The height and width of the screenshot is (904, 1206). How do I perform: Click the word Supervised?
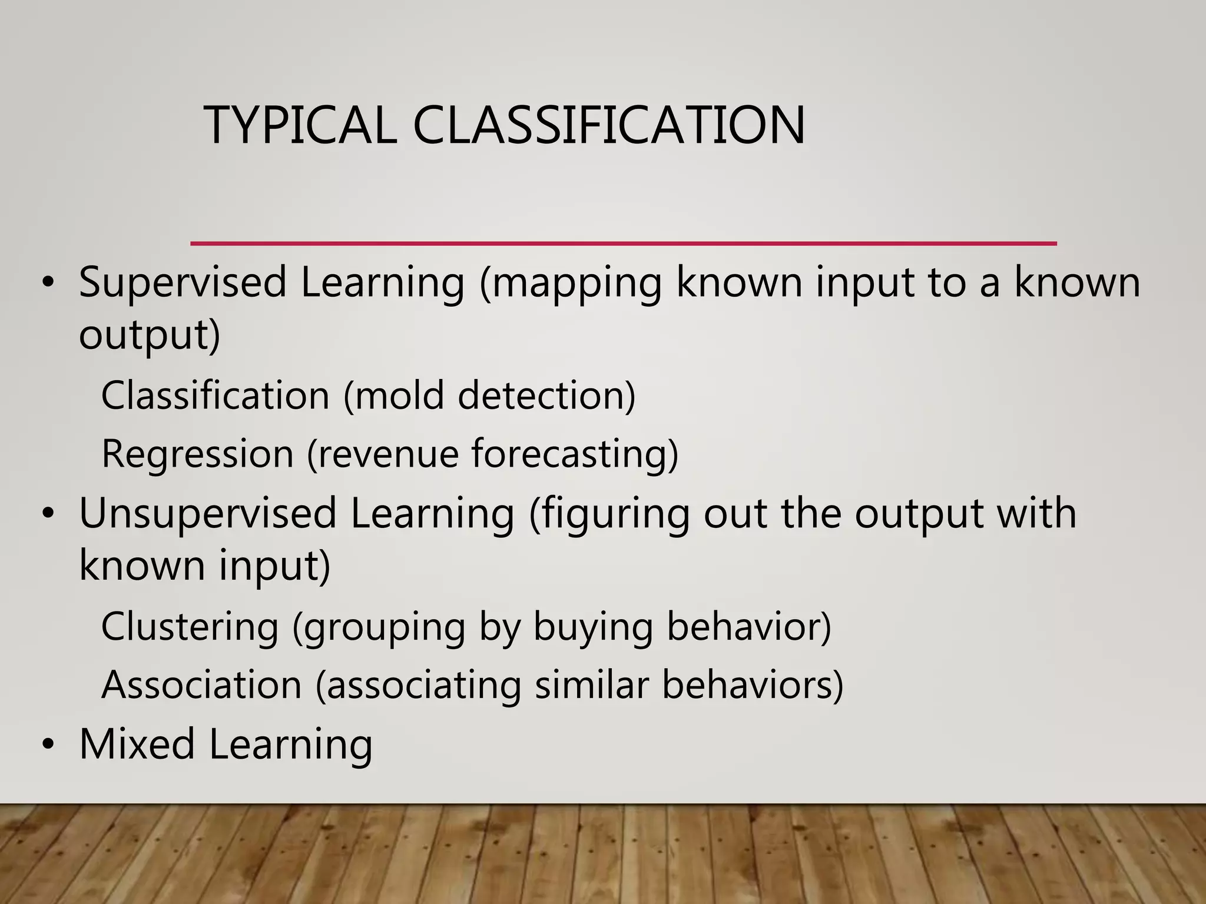(x=183, y=283)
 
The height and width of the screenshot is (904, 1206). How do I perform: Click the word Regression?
(x=197, y=454)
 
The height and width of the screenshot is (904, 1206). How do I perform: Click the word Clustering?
(x=190, y=626)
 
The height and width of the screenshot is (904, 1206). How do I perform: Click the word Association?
(x=201, y=685)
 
